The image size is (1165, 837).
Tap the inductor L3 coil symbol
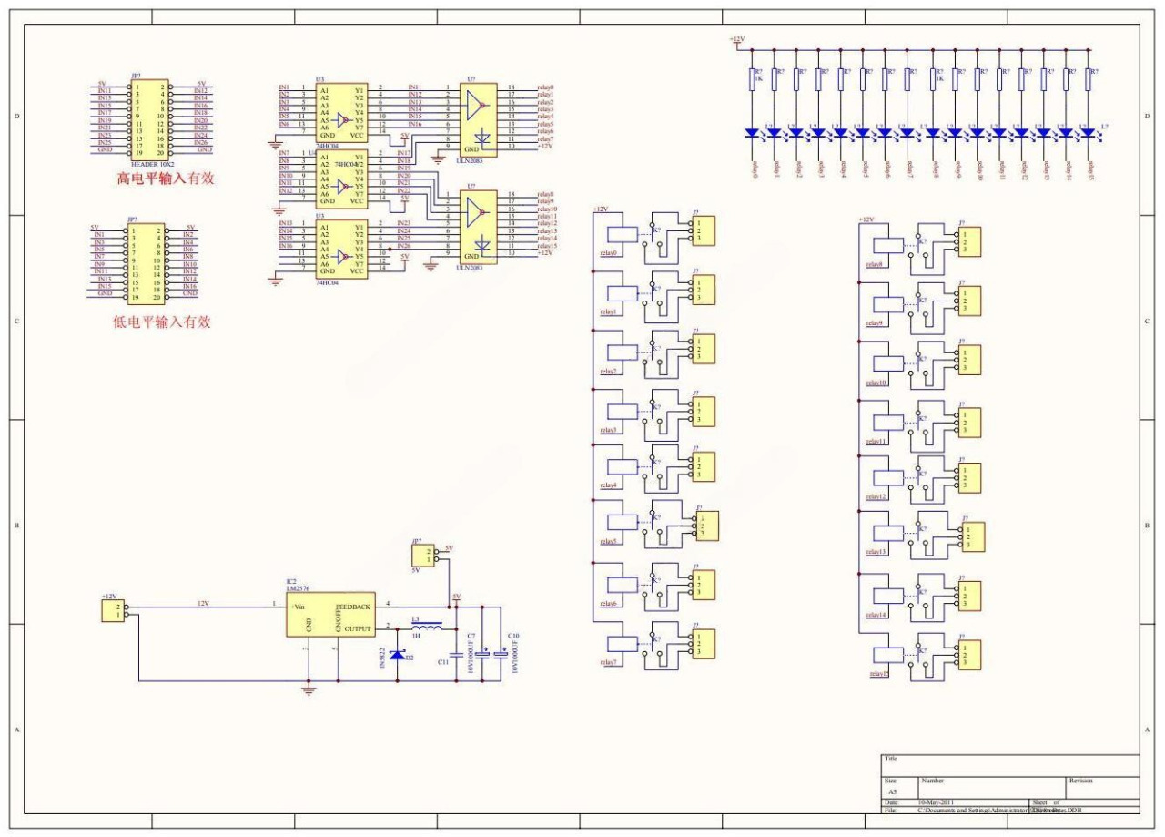coord(427,627)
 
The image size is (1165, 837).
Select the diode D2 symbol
coord(397,654)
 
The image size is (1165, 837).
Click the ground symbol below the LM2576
coord(309,689)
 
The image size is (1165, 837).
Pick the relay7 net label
coord(609,662)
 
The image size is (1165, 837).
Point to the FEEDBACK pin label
coord(353,607)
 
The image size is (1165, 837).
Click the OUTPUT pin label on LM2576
coord(358,628)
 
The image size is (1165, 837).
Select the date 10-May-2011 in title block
coord(935,802)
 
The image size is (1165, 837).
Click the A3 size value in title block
coord(892,792)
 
